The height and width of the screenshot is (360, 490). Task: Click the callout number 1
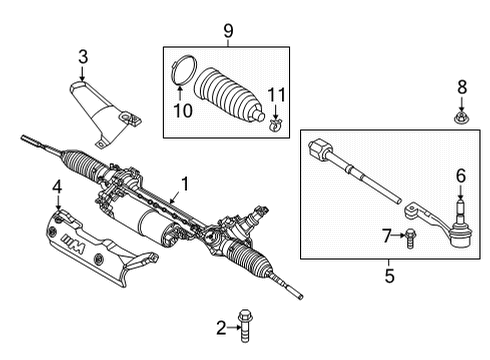click(x=185, y=184)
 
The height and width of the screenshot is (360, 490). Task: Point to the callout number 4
click(x=58, y=185)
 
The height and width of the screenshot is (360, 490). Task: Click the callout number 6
click(x=461, y=175)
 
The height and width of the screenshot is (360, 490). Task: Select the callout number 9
click(x=227, y=32)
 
